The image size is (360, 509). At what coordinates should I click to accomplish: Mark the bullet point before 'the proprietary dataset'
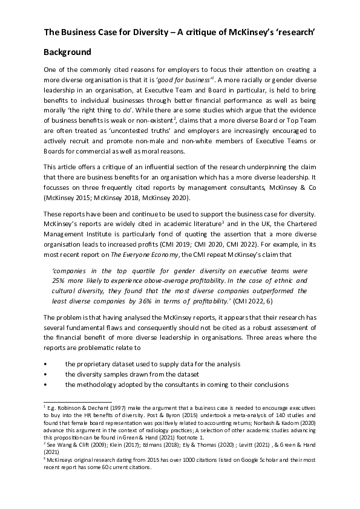(47, 364)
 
